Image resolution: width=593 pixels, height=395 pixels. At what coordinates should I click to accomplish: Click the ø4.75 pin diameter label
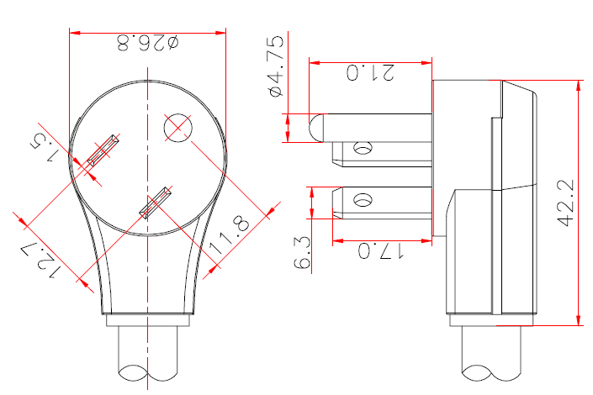click(274, 65)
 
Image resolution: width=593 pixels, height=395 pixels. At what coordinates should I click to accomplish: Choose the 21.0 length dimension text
click(370, 72)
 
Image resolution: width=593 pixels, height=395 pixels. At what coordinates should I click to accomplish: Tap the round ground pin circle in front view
click(179, 128)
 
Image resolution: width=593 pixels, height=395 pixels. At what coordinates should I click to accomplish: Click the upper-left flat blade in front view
click(103, 152)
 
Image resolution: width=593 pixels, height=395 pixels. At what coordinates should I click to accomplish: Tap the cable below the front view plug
click(149, 353)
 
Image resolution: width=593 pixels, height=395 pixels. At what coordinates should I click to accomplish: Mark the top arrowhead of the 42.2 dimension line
click(579, 87)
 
